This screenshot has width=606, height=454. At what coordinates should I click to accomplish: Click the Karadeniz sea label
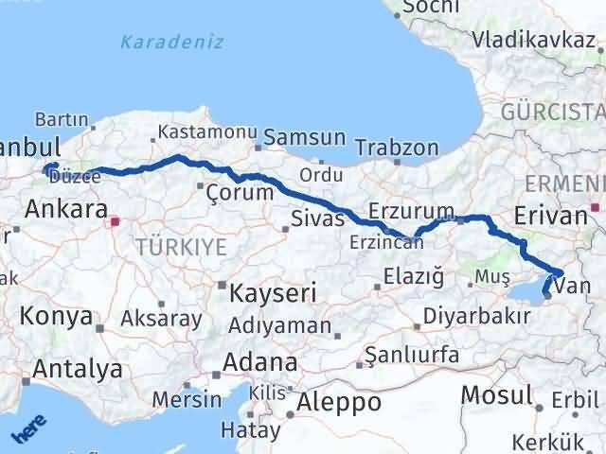click(171, 42)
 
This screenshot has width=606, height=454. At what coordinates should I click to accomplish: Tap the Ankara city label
click(64, 209)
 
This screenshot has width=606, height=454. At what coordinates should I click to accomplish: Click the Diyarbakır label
click(476, 316)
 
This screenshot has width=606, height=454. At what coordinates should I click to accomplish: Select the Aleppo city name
click(338, 403)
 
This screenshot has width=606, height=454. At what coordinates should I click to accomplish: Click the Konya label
click(58, 316)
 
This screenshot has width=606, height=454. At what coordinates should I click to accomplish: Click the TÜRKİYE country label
click(181, 247)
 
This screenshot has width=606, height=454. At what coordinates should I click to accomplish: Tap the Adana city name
click(258, 362)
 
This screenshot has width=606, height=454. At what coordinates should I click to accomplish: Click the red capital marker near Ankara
click(116, 223)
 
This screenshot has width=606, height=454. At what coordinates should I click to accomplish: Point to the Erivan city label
click(550, 216)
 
